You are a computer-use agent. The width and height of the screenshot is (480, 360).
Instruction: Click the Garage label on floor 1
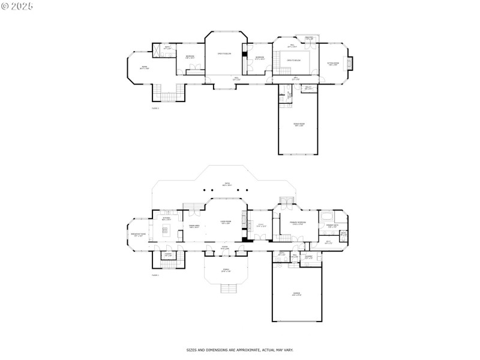coord(296,295)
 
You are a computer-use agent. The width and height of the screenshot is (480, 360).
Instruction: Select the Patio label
coord(227,185)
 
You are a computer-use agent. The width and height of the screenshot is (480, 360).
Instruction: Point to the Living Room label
coord(226,223)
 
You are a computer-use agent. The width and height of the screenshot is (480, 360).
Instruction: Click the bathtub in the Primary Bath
coord(328,216)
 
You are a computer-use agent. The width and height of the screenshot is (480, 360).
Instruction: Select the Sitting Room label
coord(333,64)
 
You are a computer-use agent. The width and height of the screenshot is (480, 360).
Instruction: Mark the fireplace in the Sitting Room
coord(353,64)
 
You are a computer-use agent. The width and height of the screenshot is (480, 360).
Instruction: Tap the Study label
coord(260,226)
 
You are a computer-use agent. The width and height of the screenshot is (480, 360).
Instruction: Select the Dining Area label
coord(194,227)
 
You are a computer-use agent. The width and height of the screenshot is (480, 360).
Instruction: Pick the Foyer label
coord(225,247)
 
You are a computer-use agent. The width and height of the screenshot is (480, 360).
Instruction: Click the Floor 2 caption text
coord(155,108)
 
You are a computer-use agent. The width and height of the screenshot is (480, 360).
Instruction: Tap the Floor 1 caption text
coord(155,275)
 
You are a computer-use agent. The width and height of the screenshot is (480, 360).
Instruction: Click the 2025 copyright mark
coord(18,6)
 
